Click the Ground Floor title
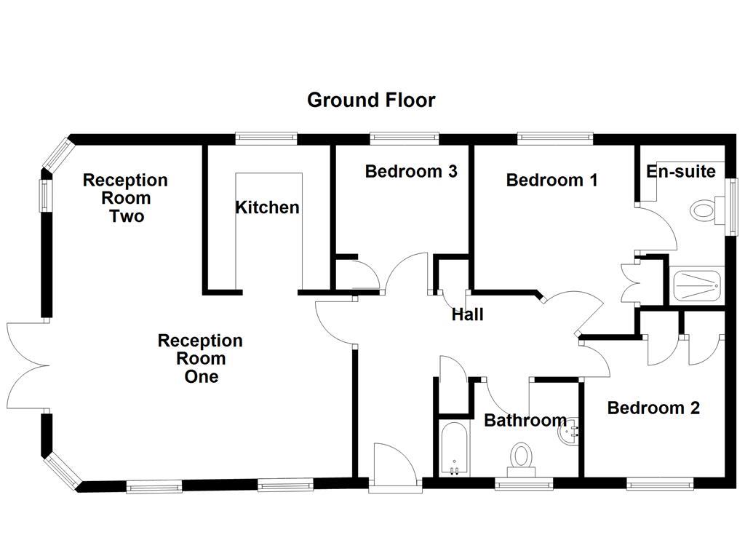371,100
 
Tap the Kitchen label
267,207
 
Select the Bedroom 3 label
411,172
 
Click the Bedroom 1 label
551,180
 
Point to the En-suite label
681,172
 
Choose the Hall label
467,315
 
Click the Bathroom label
525,420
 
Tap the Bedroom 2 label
653,408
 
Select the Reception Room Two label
125,198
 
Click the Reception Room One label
200,359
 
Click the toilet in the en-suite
703,212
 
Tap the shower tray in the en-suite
697,285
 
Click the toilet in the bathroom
521,458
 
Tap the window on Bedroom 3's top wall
405,138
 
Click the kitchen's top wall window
266,138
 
